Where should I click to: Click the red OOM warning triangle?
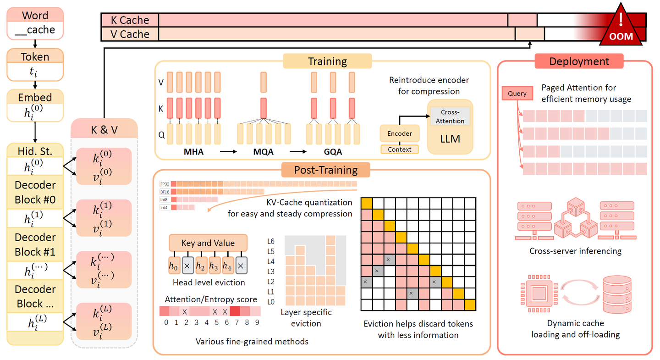tap(621, 28)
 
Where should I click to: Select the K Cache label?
tap(130, 20)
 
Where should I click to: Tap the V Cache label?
tap(130, 34)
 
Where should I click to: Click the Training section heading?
tap(327, 61)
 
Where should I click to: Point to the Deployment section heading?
tap(579, 61)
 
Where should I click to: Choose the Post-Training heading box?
tap(325, 170)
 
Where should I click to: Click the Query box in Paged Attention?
tap(517, 94)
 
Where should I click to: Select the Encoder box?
tap(399, 134)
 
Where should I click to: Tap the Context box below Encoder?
tap(399, 149)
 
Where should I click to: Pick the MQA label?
tap(264, 152)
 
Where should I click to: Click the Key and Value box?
tap(208, 243)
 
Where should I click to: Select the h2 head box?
tap(200, 265)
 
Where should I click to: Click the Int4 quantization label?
tap(164, 208)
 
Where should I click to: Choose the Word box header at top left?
tap(35, 15)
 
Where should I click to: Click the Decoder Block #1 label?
tap(35, 244)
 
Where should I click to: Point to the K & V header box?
tap(104, 130)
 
